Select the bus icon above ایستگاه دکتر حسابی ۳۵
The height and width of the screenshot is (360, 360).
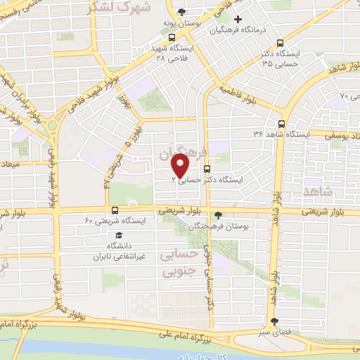coord(281,42)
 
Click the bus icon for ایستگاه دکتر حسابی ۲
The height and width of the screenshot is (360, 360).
coord(207,169)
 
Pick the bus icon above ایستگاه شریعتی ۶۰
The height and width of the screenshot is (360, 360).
coord(115,210)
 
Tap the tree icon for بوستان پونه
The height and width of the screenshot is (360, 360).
coord(183,12)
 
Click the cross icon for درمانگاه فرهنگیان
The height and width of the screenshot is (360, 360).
coord(238,19)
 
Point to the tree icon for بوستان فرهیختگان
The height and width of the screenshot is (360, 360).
coord(219,215)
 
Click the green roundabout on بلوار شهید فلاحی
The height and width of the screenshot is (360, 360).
coord(52,127)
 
